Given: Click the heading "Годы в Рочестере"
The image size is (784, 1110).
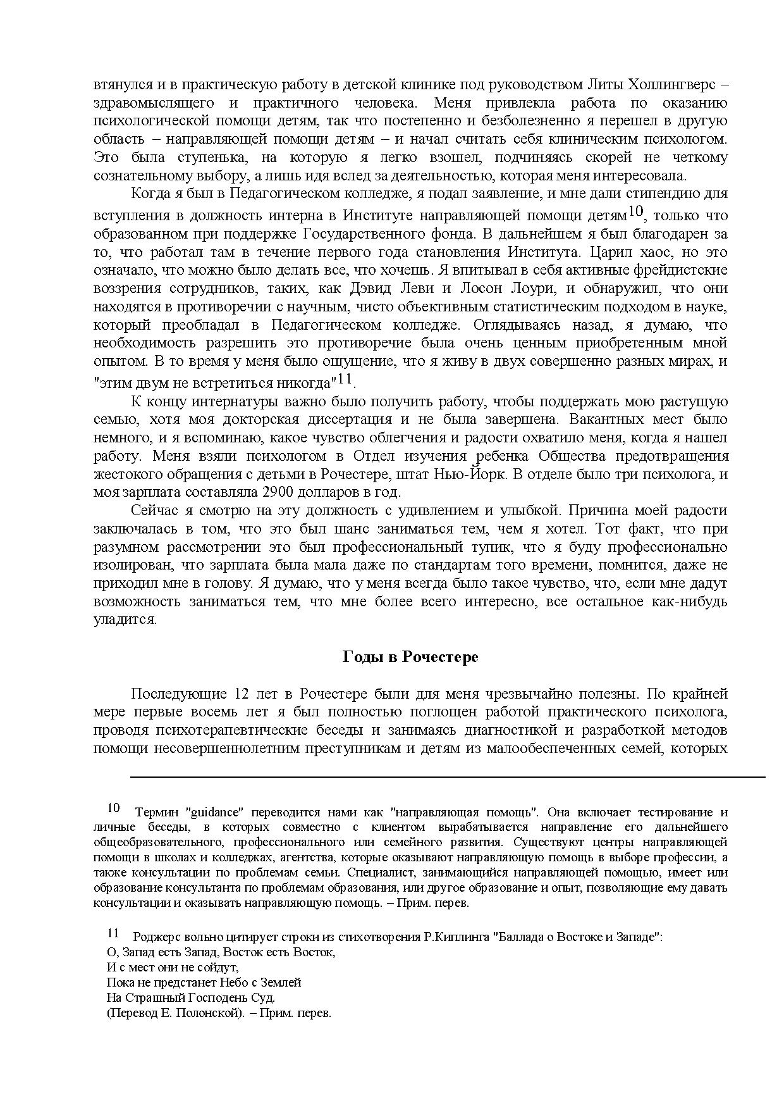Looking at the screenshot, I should pyautogui.click(x=410, y=657).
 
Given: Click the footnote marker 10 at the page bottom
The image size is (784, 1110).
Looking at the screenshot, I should pyautogui.click(x=113, y=808).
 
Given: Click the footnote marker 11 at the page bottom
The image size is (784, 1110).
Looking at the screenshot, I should pyautogui.click(x=113, y=933).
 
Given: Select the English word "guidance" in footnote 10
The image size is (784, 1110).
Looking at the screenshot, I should pyautogui.click(x=216, y=813).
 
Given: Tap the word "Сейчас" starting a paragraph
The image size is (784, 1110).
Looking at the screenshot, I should pyautogui.click(x=151, y=511).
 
